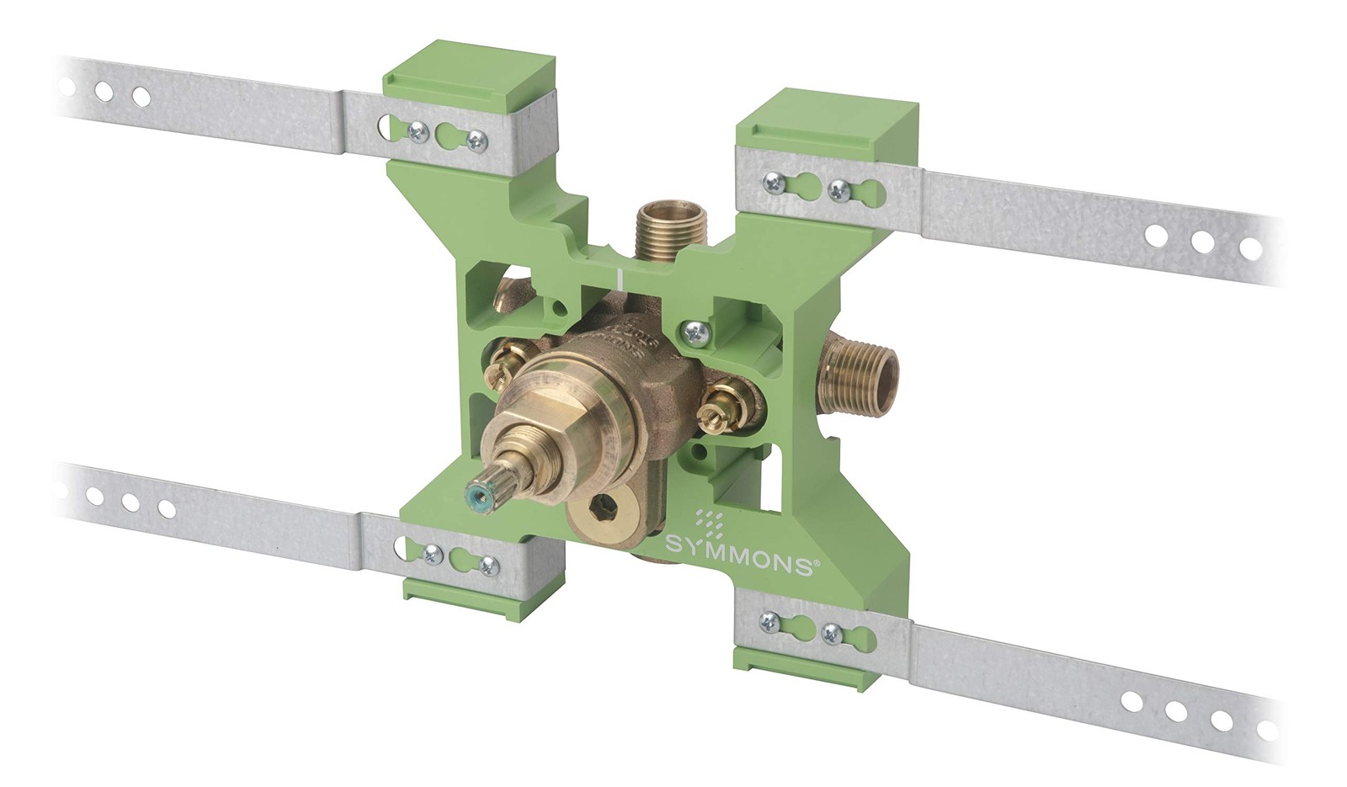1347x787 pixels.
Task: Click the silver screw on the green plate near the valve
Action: click(x=695, y=333)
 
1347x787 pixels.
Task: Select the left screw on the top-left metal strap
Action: click(x=415, y=130)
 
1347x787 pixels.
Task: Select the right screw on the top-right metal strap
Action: click(x=839, y=190)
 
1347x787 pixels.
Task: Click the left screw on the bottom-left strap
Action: click(x=432, y=554)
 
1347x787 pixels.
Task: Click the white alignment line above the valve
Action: click(x=620, y=279)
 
